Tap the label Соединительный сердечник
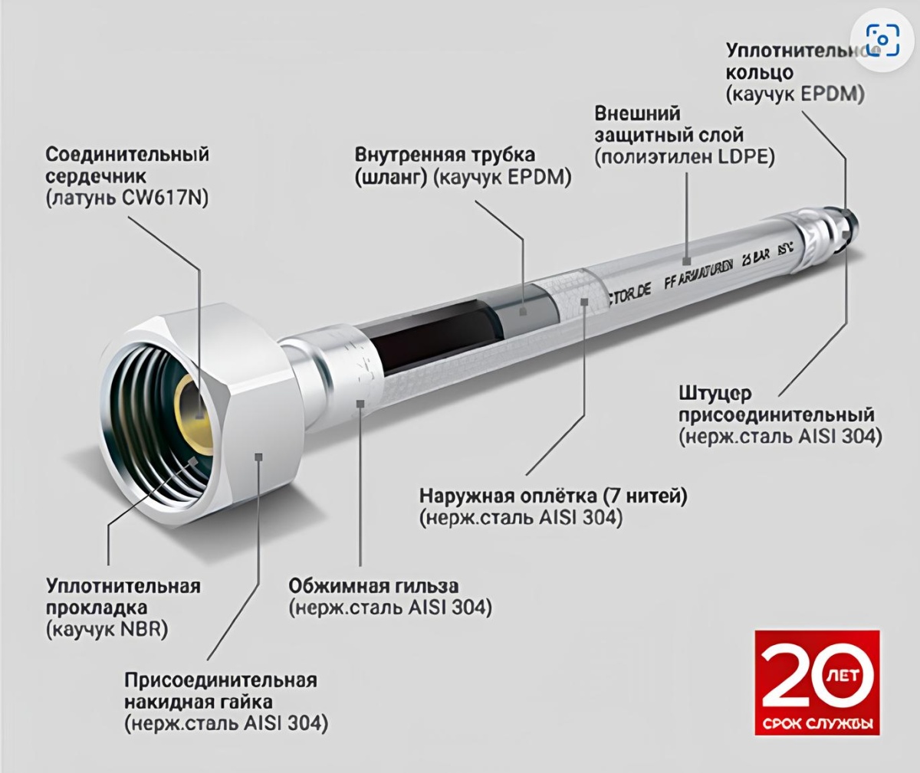click(127, 165)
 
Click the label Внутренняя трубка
click(445, 155)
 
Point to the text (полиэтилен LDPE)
click(685, 157)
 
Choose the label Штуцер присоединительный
click(776, 405)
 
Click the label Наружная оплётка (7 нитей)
click(553, 496)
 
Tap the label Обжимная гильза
click(373, 587)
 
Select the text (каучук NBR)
click(107, 630)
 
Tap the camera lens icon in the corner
click(882, 39)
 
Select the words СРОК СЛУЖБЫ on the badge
click(817, 725)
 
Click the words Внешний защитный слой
click(669, 124)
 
